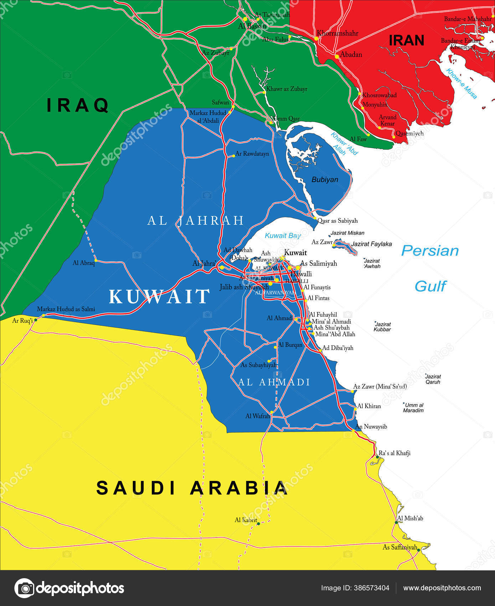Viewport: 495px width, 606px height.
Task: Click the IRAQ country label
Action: coord(78,105)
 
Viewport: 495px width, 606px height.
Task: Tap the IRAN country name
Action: coord(406,40)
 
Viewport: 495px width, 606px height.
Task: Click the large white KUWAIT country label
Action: coord(159,297)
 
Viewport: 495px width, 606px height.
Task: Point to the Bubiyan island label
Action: coord(325,180)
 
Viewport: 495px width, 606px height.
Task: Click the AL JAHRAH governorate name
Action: coord(196,221)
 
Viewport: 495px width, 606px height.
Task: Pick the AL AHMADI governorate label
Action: coord(274,382)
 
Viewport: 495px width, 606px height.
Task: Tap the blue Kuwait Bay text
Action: coord(283,236)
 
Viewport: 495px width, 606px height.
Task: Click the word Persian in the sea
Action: coord(430,251)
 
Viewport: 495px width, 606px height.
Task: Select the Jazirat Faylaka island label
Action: coord(371,244)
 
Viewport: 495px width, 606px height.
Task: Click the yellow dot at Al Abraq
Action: coord(96,261)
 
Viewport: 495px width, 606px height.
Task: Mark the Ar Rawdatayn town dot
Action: coord(233,155)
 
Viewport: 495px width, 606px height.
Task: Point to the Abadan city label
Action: coord(351,55)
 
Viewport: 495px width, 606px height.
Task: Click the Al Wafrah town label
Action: coord(258,416)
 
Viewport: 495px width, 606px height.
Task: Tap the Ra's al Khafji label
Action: coord(394,453)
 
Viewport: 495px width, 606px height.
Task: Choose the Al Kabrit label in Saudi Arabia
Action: coord(246,520)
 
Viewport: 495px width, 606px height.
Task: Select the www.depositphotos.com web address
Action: coord(442,588)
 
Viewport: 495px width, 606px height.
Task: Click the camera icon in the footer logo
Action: coord(24,588)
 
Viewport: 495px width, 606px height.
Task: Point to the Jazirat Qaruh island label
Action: coord(433,379)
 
